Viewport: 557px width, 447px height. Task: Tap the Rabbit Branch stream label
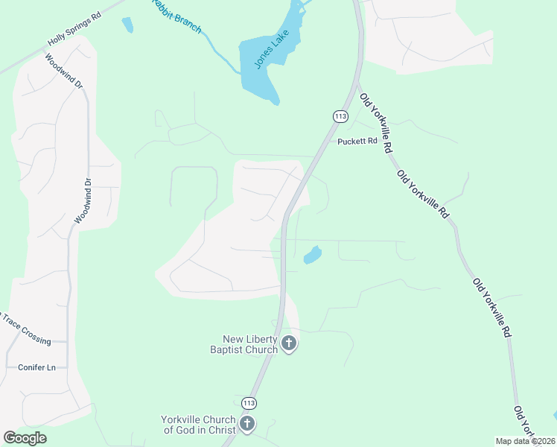pos(176,16)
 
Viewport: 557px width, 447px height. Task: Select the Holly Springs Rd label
pos(74,31)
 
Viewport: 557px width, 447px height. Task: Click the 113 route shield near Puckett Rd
pos(340,116)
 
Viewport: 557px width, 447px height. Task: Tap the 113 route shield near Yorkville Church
pos(249,403)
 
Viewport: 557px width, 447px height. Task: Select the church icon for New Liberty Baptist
pos(289,343)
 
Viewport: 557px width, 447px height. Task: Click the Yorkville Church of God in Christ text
pos(198,425)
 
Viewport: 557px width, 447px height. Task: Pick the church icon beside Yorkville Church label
pos(246,425)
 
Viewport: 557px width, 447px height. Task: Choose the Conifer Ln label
pos(36,367)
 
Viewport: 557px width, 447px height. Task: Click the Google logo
pos(25,438)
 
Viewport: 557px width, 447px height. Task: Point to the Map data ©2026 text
pos(525,441)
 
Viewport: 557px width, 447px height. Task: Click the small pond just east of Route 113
pos(312,255)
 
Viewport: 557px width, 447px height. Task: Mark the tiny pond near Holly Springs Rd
pos(127,25)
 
